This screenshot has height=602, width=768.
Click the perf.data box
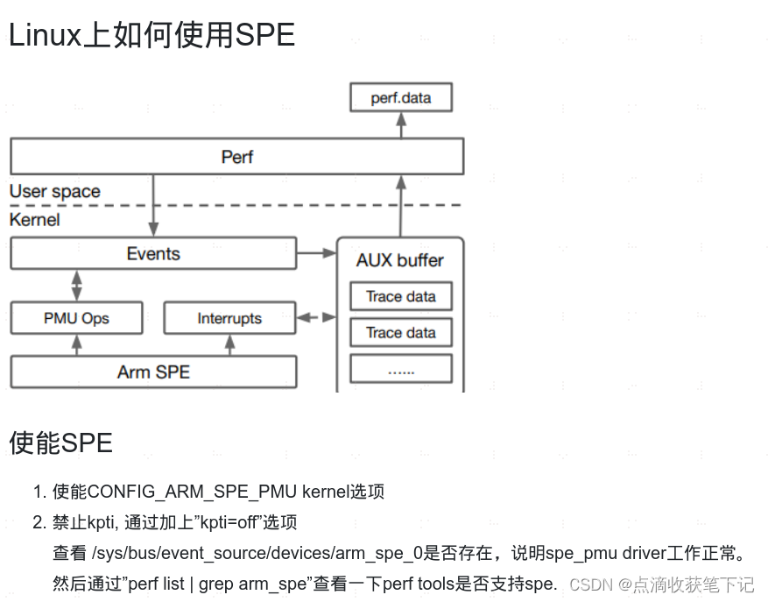tap(401, 97)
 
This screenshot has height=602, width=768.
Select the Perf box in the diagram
tap(236, 158)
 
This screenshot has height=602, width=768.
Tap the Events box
tap(153, 254)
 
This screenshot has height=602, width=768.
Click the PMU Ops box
tap(76, 318)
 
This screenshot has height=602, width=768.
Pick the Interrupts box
tap(229, 318)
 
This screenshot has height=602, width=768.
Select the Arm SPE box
tap(153, 372)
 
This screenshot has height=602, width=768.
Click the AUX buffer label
tap(400, 260)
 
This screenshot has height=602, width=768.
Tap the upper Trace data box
tap(401, 296)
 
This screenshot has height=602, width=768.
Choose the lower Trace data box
tap(401, 332)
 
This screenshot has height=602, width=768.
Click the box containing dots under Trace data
tap(401, 369)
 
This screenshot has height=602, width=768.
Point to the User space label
tap(55, 191)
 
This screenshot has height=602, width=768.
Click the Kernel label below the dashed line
tap(35, 219)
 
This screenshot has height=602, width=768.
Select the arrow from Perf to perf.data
tap(401, 126)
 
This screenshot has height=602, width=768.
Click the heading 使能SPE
tap(61, 443)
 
